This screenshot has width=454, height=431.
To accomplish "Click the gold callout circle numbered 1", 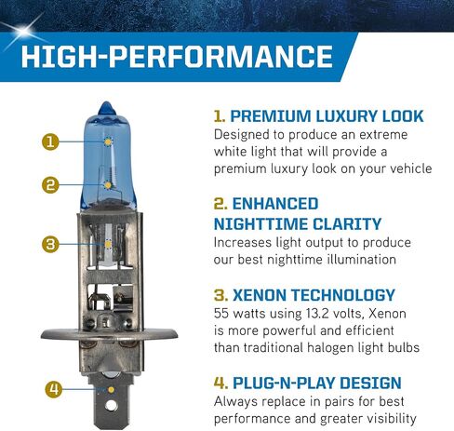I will [50, 142].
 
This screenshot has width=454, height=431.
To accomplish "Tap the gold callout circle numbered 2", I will [50, 184].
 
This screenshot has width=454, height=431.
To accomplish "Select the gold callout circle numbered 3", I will [50, 244].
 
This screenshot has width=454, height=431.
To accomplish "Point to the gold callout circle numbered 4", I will [53, 388].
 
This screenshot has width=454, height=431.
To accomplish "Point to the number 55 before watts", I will [223, 314].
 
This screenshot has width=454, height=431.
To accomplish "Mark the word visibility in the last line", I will [406, 418].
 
